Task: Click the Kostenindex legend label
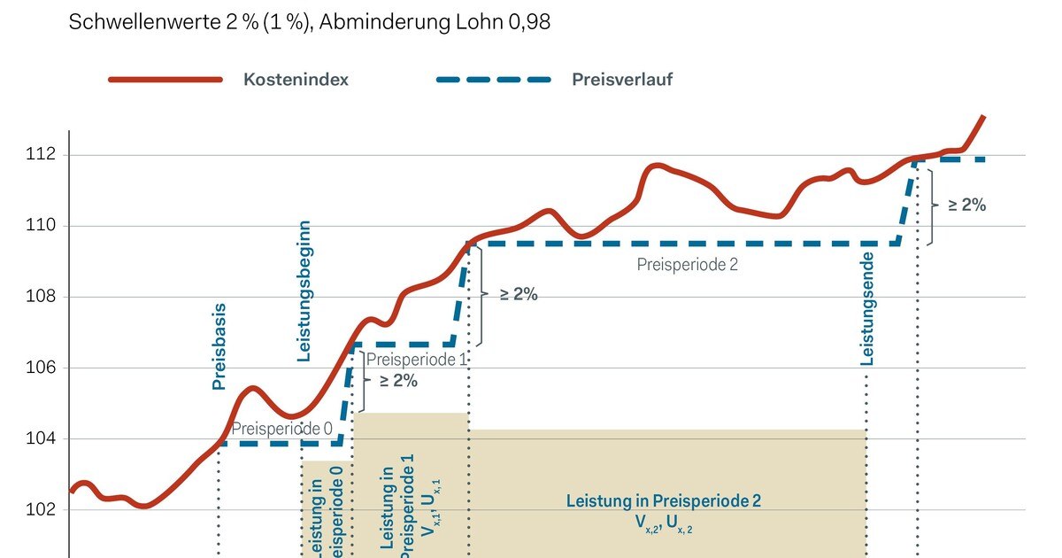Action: point(296,79)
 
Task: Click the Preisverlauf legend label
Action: point(621,79)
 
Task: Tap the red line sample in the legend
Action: point(165,79)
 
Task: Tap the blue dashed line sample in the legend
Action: point(493,79)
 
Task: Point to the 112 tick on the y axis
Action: point(40,155)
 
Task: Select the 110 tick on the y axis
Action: point(40,226)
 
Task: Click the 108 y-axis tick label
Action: point(40,297)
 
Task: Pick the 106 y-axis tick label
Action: point(40,368)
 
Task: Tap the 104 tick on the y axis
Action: point(40,439)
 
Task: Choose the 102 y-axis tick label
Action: point(40,510)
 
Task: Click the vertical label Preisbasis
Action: point(219,347)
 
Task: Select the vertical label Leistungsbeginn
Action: point(304,291)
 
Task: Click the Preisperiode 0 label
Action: point(281,429)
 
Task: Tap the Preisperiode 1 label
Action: point(416,360)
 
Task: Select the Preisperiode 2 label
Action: point(687,264)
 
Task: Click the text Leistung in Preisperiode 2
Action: point(663,501)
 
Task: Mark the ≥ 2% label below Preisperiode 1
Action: point(398,381)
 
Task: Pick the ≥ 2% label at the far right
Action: point(966,205)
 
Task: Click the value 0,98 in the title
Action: point(527,22)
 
